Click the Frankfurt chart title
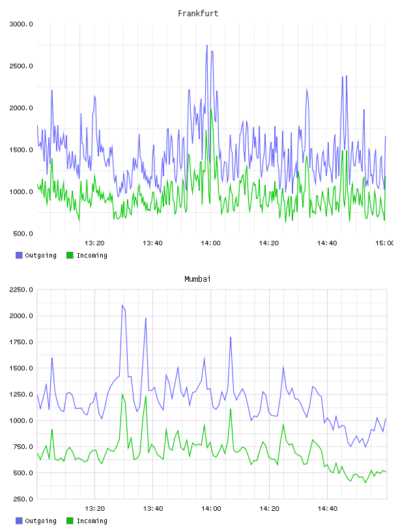point(198,14)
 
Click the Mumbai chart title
point(197,279)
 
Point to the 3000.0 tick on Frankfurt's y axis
point(21,24)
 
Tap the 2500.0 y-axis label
point(21,66)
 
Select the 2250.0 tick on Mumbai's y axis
point(21,290)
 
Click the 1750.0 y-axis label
point(21,342)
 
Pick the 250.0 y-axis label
point(23,499)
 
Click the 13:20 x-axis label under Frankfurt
point(94,243)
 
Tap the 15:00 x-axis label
point(384,243)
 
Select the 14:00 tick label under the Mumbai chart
point(211,509)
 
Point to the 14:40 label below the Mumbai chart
point(328,509)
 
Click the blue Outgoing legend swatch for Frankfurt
point(19,255)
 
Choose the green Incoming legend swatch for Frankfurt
point(70,255)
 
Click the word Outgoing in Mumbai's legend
point(40,521)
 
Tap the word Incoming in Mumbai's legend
point(92,521)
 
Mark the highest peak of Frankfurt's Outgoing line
point(207,45)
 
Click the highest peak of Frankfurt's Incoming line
point(211,109)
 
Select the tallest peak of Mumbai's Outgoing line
point(122,305)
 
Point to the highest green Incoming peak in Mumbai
point(122,394)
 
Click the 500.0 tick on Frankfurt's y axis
point(23,234)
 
